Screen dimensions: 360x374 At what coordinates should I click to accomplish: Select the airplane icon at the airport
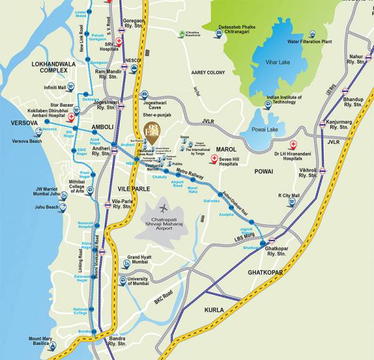pos(165,208)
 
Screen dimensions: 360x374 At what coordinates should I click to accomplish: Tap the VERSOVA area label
pos(21,123)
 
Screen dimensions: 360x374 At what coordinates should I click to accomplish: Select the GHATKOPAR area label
pos(265,273)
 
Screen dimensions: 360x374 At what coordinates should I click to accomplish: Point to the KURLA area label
pos(213,309)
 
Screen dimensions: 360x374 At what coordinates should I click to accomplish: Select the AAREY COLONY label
pos(208,73)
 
